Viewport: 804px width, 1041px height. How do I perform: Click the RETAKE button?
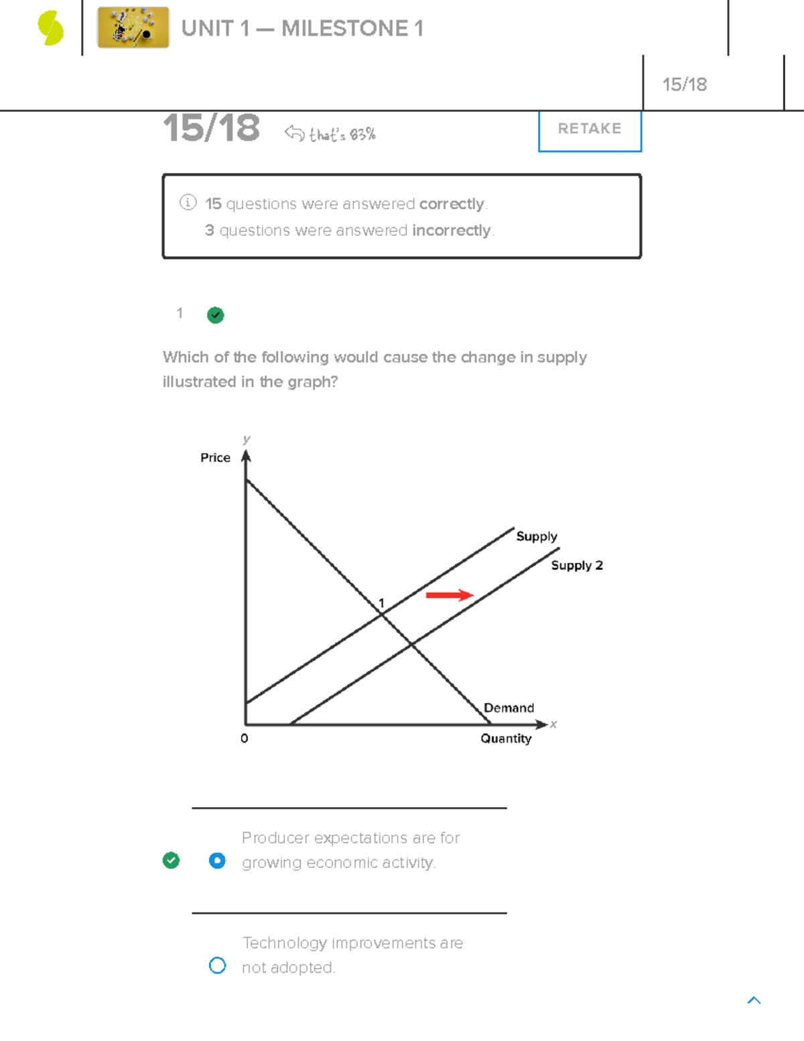pyautogui.click(x=590, y=129)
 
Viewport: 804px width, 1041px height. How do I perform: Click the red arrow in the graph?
pyautogui.click(x=450, y=595)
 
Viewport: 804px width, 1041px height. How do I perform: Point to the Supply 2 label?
pyautogui.click(x=576, y=565)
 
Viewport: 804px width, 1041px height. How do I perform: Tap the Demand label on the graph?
pyautogui.click(x=509, y=708)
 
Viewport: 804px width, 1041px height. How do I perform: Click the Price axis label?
pyautogui.click(x=215, y=457)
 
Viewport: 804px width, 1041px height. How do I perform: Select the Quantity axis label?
pyautogui.click(x=506, y=738)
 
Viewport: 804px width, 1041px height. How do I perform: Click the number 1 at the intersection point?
pyautogui.click(x=381, y=603)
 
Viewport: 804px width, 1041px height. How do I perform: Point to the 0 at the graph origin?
pyautogui.click(x=244, y=738)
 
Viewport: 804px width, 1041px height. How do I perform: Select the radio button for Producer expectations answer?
pyautogui.click(x=217, y=861)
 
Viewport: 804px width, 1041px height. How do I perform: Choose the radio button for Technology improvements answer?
pyautogui.click(x=217, y=965)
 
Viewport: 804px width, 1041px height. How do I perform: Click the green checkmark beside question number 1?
pyautogui.click(x=215, y=315)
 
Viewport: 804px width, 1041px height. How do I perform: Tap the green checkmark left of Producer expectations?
pyautogui.click(x=171, y=861)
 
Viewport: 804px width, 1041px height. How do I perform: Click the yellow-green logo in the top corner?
pyautogui.click(x=50, y=28)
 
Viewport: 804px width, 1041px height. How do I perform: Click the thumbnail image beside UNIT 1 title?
pyautogui.click(x=133, y=27)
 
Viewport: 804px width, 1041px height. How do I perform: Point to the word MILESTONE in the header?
pyautogui.click(x=344, y=28)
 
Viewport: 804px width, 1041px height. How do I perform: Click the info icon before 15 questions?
pyautogui.click(x=188, y=202)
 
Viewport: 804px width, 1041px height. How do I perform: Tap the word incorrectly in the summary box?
pyautogui.click(x=451, y=231)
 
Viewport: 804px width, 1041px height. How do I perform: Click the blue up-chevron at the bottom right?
pyautogui.click(x=754, y=1000)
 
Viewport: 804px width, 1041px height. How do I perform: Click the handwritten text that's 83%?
pyautogui.click(x=342, y=135)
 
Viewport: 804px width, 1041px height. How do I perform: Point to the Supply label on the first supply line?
pyautogui.click(x=536, y=536)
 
